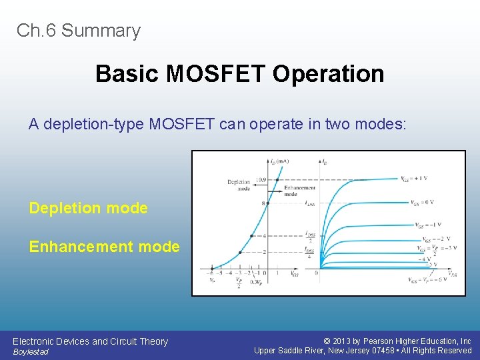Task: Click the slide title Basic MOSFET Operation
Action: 239,73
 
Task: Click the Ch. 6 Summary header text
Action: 79,31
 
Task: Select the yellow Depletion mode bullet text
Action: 88,208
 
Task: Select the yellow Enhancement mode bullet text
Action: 104,247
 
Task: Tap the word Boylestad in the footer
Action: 31,352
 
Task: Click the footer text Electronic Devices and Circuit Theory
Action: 90,341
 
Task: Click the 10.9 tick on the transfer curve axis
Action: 260,180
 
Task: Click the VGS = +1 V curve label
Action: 415,179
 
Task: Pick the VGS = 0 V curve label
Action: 422,203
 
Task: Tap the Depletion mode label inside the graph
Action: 238,185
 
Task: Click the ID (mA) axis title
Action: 279,161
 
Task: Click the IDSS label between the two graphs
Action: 310,203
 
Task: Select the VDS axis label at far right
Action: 453,274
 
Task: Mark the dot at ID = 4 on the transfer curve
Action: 251,235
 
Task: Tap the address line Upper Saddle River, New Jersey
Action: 363,351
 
